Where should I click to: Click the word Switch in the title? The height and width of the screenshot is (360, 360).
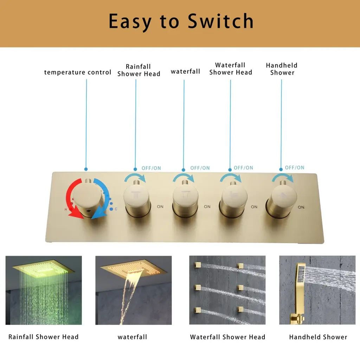(221, 21)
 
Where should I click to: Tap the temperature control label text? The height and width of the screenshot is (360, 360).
(78, 72)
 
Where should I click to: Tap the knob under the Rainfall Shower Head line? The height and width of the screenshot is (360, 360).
(137, 200)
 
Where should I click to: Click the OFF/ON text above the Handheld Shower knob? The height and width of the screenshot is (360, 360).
(295, 168)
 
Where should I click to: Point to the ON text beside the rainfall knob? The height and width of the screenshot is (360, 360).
(160, 207)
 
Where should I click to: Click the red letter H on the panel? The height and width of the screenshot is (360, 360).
(66, 210)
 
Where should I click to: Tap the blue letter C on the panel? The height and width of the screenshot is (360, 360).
(116, 209)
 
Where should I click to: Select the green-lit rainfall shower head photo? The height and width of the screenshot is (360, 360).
(44, 290)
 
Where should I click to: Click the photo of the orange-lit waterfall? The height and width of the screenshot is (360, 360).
(133, 290)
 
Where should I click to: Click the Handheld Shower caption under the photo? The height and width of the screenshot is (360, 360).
(318, 337)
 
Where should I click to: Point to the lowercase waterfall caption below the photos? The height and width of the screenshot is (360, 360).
(132, 337)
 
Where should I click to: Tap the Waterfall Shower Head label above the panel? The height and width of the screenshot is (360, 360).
(231, 69)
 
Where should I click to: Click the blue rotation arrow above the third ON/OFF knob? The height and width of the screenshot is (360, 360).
(231, 178)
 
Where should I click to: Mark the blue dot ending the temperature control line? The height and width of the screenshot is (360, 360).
(86, 169)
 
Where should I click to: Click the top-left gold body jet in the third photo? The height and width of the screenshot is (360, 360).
(198, 265)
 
